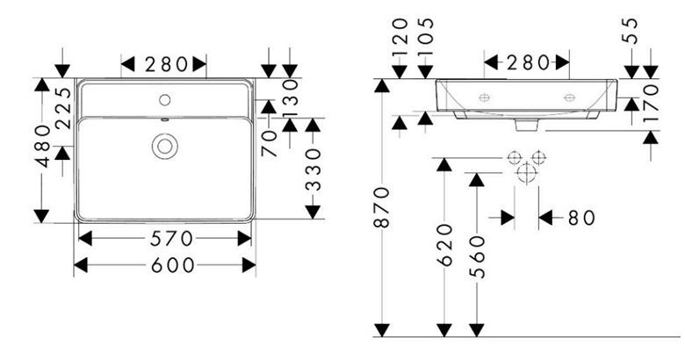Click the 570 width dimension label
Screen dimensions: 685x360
(171, 239)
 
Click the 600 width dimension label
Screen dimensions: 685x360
(172, 265)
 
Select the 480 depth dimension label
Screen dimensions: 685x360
(43, 146)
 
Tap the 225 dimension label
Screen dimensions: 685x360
(63, 108)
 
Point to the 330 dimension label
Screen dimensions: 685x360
(313, 170)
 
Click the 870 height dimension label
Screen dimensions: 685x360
(382, 206)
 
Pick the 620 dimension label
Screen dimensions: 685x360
(444, 245)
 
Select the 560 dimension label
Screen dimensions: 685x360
(477, 257)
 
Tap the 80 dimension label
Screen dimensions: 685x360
(581, 218)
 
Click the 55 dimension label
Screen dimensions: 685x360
(631, 31)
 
